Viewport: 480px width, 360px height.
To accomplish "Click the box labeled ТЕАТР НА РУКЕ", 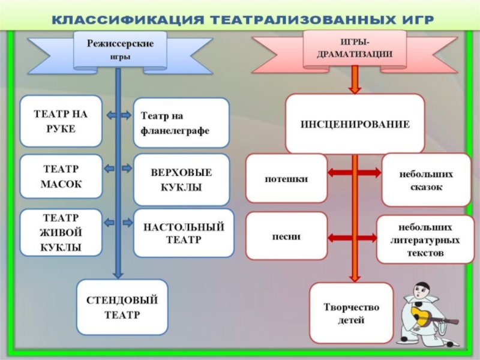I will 61,121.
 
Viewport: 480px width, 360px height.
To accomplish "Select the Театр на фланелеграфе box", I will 181,123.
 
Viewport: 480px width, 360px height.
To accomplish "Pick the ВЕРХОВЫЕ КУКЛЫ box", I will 181,179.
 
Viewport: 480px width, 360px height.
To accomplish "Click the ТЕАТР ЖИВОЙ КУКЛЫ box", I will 61,232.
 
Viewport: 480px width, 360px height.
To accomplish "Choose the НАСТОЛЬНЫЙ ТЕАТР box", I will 181,233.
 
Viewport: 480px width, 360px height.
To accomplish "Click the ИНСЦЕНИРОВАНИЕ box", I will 355,124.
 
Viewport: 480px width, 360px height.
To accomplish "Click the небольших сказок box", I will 426,179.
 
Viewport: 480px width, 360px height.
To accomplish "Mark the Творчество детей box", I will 351,313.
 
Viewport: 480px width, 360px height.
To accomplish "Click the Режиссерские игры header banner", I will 112,49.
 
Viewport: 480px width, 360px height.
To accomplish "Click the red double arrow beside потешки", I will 355,173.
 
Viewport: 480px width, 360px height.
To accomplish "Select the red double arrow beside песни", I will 355,236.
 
